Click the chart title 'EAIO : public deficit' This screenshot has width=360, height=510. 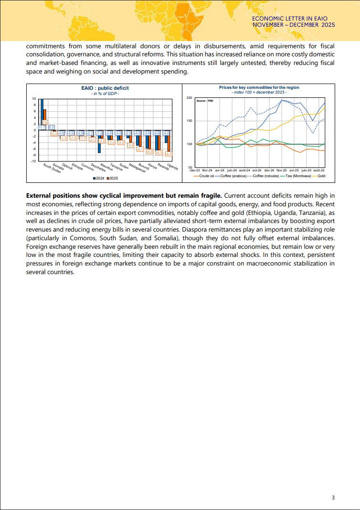pyautogui.click(x=105, y=88)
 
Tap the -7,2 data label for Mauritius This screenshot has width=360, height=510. pyautogui.click(x=99, y=132)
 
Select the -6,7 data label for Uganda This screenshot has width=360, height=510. pyautogui.click(x=169, y=154)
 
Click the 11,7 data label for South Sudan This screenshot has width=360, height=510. pyautogui.click(x=42, y=127)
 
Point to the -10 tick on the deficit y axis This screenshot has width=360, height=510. pyautogui.click(x=34, y=161)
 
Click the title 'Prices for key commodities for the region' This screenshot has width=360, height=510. pyautogui.click(x=259, y=88)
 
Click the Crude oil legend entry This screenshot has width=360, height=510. pyautogui.click(x=204, y=176)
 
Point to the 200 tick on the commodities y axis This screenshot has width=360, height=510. pyautogui.click(x=189, y=98)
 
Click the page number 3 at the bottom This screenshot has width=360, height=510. pyautogui.click(x=333, y=498)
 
